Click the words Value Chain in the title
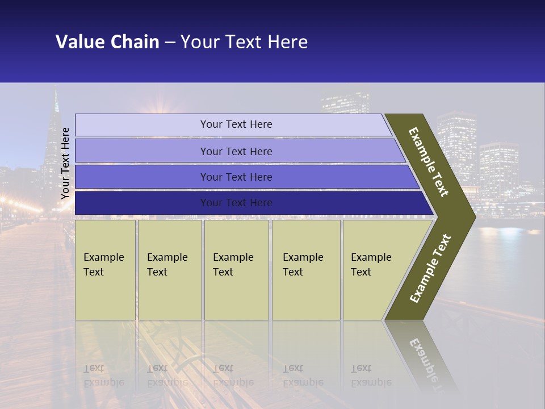click(107, 42)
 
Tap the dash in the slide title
click(170, 43)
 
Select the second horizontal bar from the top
click(236, 151)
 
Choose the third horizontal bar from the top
click(236, 177)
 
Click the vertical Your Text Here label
click(65, 163)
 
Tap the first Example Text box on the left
click(105, 269)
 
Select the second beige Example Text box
click(169, 269)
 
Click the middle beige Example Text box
click(236, 269)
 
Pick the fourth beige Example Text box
click(305, 269)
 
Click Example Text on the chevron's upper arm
click(429, 162)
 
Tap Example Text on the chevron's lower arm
click(430, 268)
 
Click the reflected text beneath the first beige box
click(104, 375)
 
